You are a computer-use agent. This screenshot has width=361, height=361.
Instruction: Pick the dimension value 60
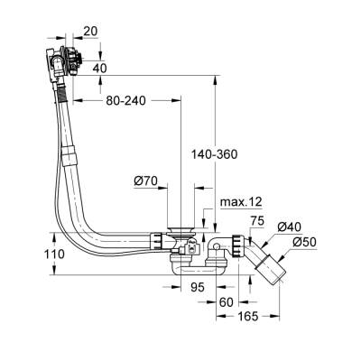(x=228, y=303)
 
